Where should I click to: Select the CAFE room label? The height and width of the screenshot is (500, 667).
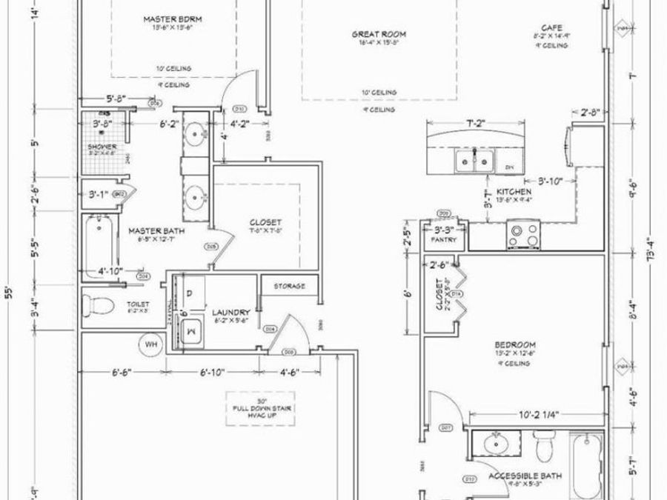coord(549,27)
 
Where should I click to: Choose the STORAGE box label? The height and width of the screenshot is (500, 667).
coord(289,285)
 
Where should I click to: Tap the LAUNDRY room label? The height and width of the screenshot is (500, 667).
coord(230,313)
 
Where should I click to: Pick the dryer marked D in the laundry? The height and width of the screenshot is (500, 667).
coord(189,294)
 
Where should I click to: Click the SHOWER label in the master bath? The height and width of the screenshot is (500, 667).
coord(102,147)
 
